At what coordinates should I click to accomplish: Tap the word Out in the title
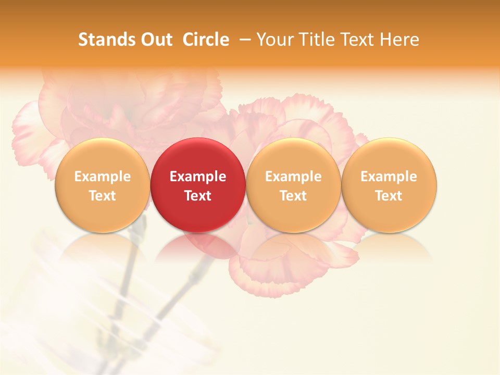(x=156, y=40)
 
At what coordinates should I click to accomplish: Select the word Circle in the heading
(x=206, y=40)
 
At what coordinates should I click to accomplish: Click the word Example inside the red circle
(x=198, y=177)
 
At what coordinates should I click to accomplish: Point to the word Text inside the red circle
(x=198, y=196)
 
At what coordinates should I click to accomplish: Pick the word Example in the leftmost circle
(x=103, y=177)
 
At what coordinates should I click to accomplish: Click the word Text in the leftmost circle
(x=103, y=196)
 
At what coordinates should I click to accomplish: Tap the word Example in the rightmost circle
(x=389, y=177)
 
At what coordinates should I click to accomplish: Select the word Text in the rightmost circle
(x=389, y=196)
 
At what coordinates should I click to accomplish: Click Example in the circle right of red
(x=293, y=177)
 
